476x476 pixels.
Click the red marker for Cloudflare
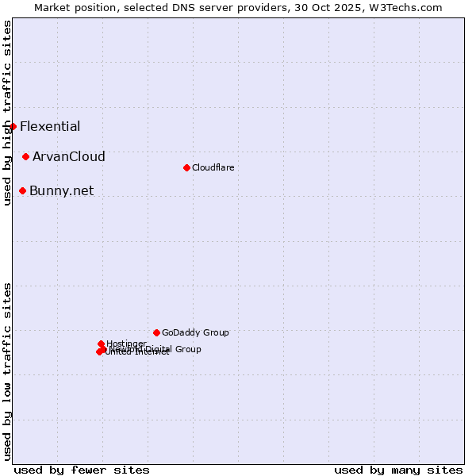coord(186,167)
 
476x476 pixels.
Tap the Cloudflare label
coord(213,167)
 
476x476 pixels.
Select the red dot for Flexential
coord(13,126)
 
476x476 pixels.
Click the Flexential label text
coord(50,126)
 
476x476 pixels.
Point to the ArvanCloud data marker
coord(25,157)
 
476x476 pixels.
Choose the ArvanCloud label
coord(69,157)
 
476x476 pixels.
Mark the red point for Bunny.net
coord(22,190)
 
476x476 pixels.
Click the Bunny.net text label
coord(61,190)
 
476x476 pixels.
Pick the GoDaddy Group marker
coord(156,332)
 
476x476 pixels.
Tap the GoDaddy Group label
coord(195,332)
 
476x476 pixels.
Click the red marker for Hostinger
coord(101,344)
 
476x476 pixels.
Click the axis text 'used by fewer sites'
coord(82,470)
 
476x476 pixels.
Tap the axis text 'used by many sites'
coord(398,470)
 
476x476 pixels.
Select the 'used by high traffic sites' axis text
coord(7,113)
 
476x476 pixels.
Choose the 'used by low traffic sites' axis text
coord(7,370)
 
